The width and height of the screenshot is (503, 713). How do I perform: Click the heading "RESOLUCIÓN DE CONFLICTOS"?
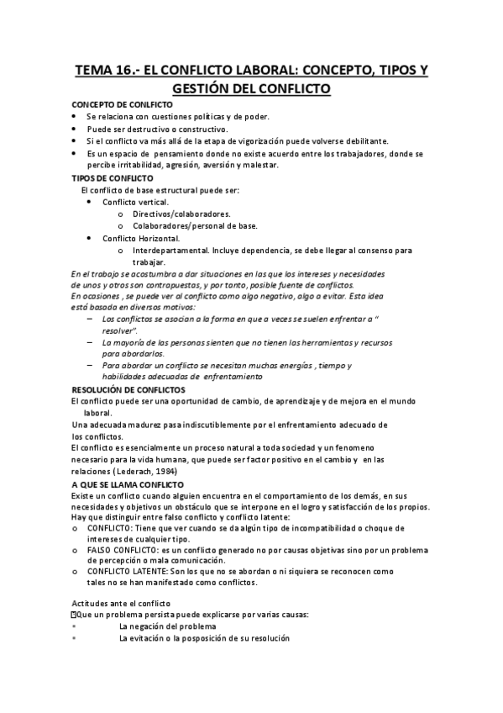(123, 390)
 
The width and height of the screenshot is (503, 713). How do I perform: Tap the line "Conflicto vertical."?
(135, 203)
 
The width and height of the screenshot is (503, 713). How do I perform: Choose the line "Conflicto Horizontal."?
(140, 238)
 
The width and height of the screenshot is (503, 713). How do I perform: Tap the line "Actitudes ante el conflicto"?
(121, 604)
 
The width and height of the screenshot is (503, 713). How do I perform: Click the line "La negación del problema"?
(168, 626)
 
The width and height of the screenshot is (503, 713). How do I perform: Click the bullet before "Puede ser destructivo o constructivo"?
(74, 129)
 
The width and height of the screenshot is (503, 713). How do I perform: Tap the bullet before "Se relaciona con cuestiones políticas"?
(74, 116)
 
